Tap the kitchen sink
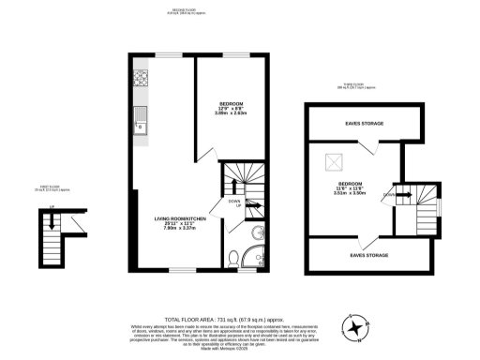click(x=141, y=118)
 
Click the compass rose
click(x=358, y=328)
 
